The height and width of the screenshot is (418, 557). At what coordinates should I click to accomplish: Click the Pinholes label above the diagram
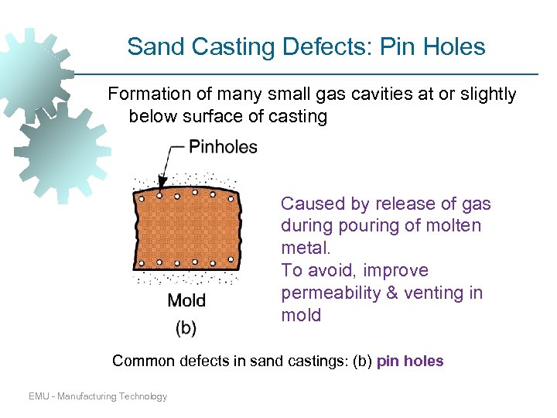(x=223, y=147)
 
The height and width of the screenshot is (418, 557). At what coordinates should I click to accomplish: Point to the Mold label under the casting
(x=186, y=300)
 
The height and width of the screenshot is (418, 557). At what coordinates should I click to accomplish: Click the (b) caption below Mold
(x=186, y=327)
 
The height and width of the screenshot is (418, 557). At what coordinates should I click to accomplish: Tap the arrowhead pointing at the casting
(x=160, y=186)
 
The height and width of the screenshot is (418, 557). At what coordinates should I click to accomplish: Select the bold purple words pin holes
(x=410, y=361)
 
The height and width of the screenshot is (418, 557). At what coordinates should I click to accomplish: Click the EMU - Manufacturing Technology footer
(x=97, y=396)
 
